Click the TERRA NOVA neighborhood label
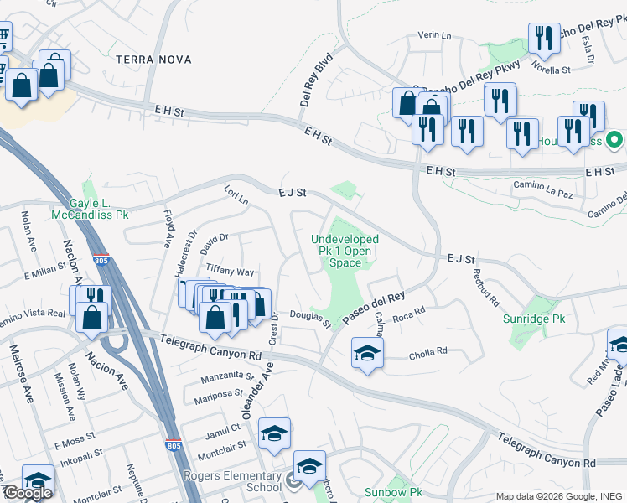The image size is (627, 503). coord(154,60)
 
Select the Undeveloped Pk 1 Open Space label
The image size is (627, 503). coord(345,251)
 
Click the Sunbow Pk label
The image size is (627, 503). coord(392,492)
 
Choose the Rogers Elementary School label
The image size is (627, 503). coord(232,481)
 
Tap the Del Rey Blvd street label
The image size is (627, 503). coord(316,80)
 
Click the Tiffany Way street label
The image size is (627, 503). coord(230,272)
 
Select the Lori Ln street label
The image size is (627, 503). coord(236,197)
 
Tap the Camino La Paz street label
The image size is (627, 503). coord(545,194)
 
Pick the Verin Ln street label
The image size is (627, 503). coord(434,36)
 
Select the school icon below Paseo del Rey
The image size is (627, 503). coord(367,353)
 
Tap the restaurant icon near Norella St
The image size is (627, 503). coord(544,39)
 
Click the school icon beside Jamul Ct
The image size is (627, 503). coord(274,433)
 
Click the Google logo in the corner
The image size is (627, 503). coord(27,493)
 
